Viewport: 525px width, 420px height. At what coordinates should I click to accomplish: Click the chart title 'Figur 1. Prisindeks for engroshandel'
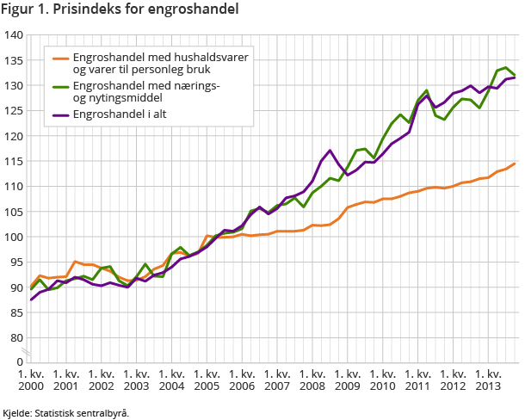(121, 9)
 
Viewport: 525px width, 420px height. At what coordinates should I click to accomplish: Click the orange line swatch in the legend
(60, 59)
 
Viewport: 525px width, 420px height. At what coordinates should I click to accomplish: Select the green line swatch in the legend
(60, 86)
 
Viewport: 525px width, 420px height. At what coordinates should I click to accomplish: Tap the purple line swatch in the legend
(60, 114)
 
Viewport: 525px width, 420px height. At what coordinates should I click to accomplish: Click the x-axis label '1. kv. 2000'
(32, 380)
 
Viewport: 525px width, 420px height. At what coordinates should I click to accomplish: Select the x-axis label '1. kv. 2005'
(207, 380)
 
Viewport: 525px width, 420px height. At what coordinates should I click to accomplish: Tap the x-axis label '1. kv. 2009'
(348, 380)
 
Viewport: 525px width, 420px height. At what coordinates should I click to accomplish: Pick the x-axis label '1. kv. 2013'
(488, 380)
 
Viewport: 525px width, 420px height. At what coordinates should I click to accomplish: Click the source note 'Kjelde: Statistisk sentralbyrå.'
(66, 412)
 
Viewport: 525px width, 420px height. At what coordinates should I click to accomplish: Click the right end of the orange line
(515, 164)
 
